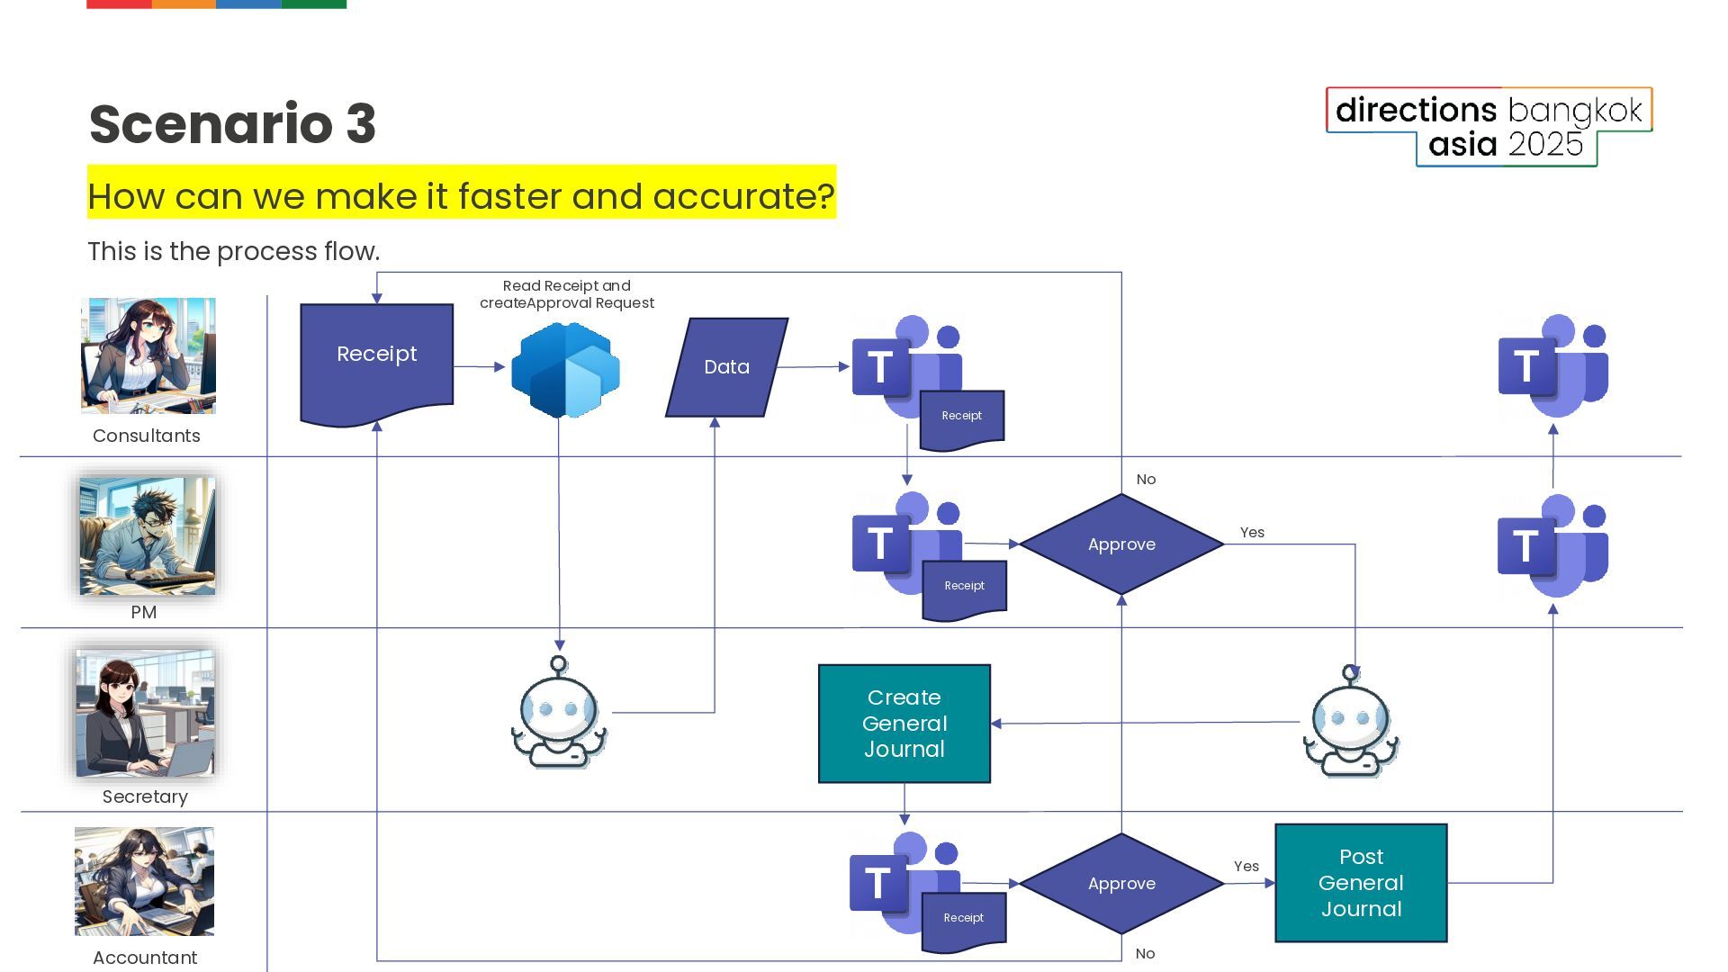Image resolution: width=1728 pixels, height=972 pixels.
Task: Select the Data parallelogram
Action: (x=726, y=367)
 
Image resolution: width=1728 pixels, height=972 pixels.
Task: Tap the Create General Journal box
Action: (x=904, y=724)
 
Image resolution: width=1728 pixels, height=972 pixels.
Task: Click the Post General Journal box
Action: (x=1361, y=883)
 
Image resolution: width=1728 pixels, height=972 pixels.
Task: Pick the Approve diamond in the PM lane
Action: (x=1121, y=544)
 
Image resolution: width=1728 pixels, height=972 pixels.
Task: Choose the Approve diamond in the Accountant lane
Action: (x=1121, y=884)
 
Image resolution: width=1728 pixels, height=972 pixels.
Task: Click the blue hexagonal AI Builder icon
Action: (x=565, y=370)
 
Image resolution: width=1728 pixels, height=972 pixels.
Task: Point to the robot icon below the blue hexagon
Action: (x=559, y=713)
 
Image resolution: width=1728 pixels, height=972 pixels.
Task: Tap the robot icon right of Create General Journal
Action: (x=1350, y=722)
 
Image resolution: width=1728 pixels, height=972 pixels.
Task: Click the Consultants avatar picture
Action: (x=148, y=355)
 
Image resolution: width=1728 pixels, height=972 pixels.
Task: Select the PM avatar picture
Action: (x=147, y=535)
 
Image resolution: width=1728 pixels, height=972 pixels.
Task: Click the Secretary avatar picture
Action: (x=145, y=713)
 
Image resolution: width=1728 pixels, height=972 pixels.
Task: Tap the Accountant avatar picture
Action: (x=144, y=881)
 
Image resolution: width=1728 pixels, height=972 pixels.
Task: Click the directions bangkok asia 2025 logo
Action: (x=1489, y=127)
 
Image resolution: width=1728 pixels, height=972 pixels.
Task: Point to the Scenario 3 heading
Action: (x=232, y=123)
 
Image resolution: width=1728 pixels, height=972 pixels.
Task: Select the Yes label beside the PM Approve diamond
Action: (x=1252, y=533)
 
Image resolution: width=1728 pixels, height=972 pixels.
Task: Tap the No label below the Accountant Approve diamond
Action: (x=1145, y=954)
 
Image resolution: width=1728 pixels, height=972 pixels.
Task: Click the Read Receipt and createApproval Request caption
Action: (x=567, y=294)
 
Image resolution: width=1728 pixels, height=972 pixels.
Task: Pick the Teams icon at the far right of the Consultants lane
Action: (x=1552, y=365)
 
